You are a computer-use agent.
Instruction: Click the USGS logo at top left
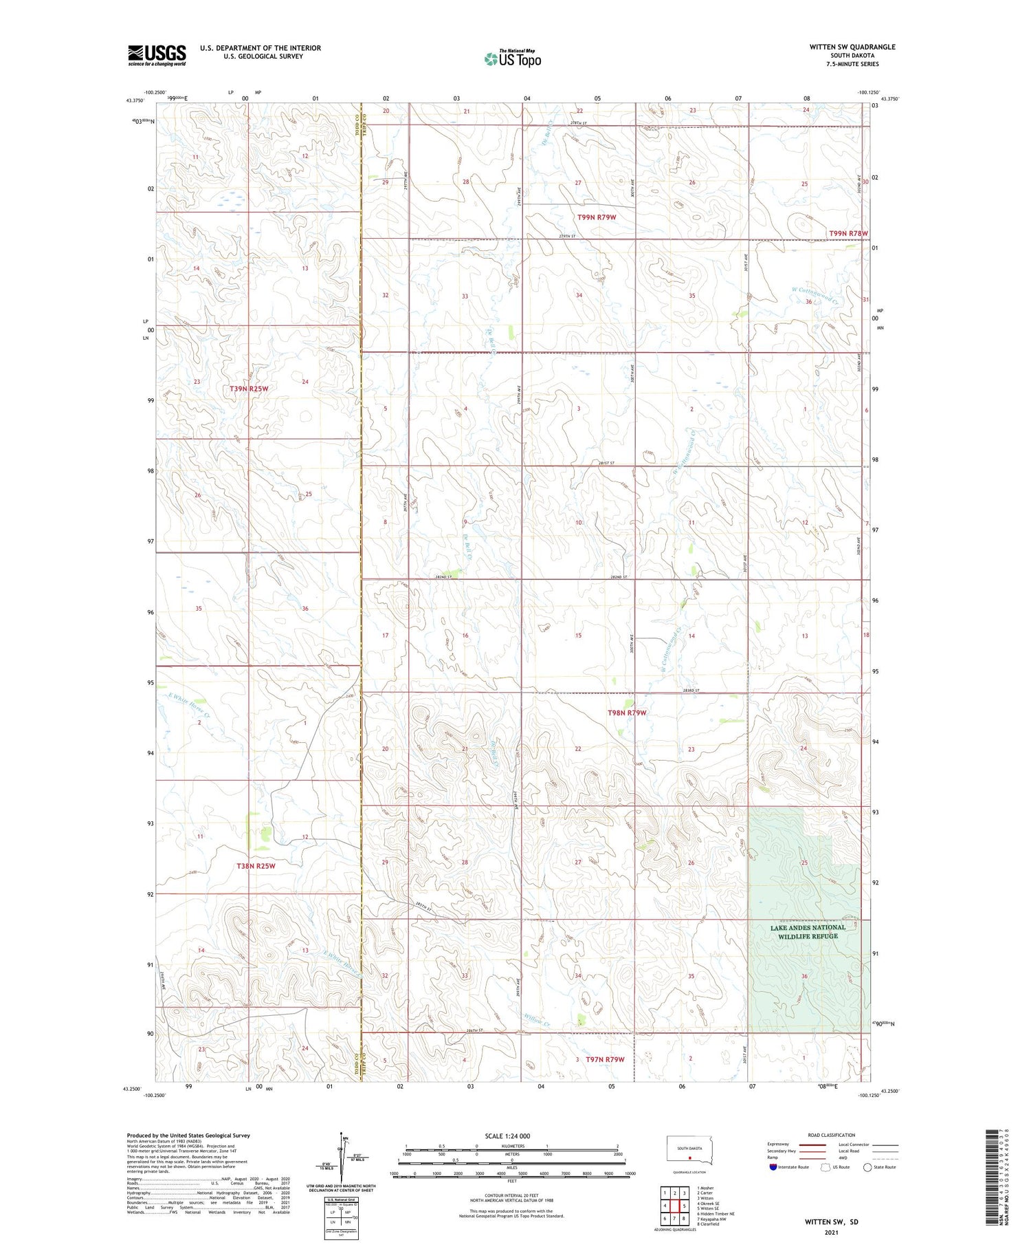click(x=157, y=55)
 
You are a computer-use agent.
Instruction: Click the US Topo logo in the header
click(x=512, y=59)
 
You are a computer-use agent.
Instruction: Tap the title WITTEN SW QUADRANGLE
click(x=852, y=47)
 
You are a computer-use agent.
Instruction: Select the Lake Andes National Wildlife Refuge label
click(x=808, y=931)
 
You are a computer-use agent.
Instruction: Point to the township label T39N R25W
click(x=249, y=389)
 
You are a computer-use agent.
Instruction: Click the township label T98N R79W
click(x=626, y=713)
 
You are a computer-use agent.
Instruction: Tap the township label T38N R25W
click(x=256, y=866)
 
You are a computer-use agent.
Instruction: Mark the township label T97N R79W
click(x=605, y=1059)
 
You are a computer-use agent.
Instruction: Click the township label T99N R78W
click(x=848, y=233)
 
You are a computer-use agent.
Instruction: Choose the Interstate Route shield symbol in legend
click(x=773, y=1167)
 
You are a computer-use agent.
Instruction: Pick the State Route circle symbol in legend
click(x=867, y=1167)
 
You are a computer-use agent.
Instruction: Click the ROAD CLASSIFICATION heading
click(x=831, y=1136)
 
